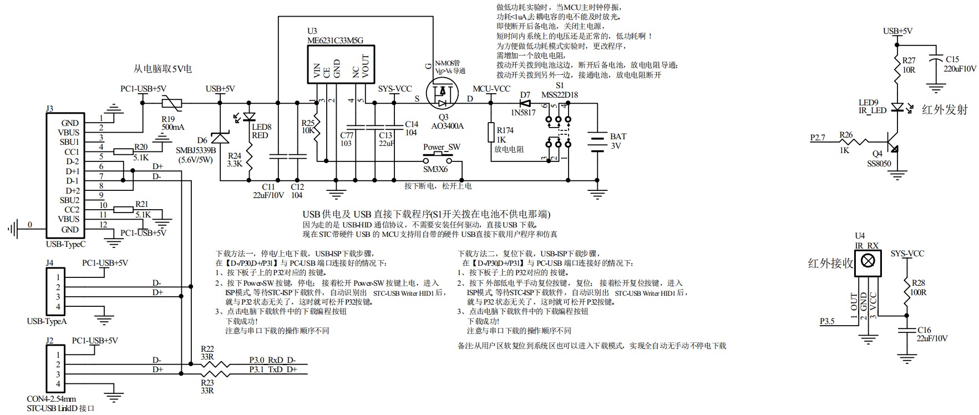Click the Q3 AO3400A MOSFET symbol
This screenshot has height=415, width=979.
click(442, 95)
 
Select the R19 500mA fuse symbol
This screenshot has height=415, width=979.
click(170, 103)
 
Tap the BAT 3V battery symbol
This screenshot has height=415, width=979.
click(597, 143)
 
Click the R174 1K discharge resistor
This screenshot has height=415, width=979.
click(491, 132)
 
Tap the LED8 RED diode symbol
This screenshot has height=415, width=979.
click(249, 117)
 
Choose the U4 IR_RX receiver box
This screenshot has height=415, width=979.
click(868, 261)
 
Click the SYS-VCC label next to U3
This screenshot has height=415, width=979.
click(394, 89)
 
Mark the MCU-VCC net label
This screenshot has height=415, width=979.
click(491, 89)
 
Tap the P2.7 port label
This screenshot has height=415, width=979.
click(818, 137)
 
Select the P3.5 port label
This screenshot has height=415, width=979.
click(827, 321)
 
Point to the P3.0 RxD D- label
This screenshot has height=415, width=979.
click(272, 360)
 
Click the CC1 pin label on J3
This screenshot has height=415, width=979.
click(72, 151)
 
